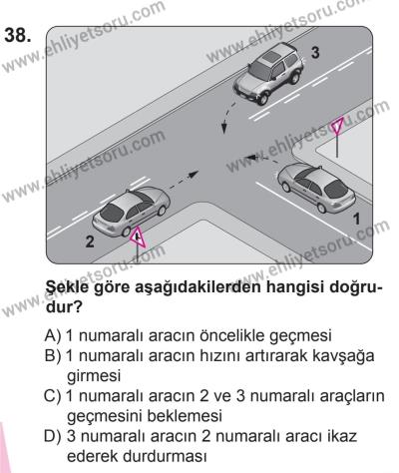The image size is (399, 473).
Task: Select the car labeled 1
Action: pos(316,183)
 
